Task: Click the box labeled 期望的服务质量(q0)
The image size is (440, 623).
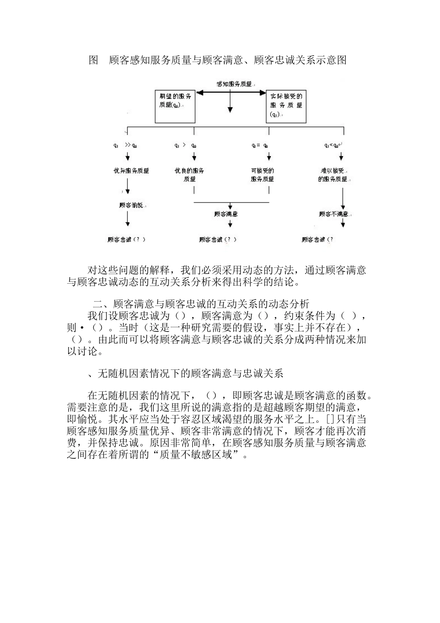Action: click(175, 106)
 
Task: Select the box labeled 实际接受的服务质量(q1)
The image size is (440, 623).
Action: click(286, 106)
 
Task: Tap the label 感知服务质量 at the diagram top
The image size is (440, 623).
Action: click(234, 84)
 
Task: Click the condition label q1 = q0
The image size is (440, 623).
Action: click(260, 145)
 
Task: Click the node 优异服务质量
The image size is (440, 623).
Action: click(132, 171)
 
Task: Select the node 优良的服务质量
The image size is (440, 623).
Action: click(189, 175)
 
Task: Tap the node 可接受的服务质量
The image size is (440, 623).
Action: click(262, 175)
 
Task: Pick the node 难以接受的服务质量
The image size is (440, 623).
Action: click(333, 175)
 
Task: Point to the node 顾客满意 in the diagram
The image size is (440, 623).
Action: click(226, 214)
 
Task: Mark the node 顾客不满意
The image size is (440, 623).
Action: click(334, 214)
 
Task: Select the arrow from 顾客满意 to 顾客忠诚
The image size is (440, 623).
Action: click(230, 223)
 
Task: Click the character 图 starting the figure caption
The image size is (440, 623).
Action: click(93, 60)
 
